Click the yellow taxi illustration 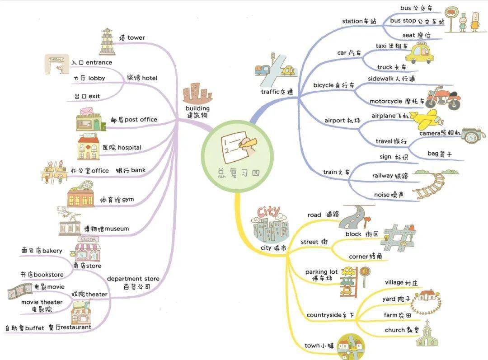(420, 53)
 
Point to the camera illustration (473, 135)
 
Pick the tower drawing (107, 42)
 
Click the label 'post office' (141, 120)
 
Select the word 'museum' (117, 229)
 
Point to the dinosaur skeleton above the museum (69, 214)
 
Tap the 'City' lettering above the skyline (268, 212)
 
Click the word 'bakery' (52, 251)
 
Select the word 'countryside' (324, 315)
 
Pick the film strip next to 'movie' (19, 291)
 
